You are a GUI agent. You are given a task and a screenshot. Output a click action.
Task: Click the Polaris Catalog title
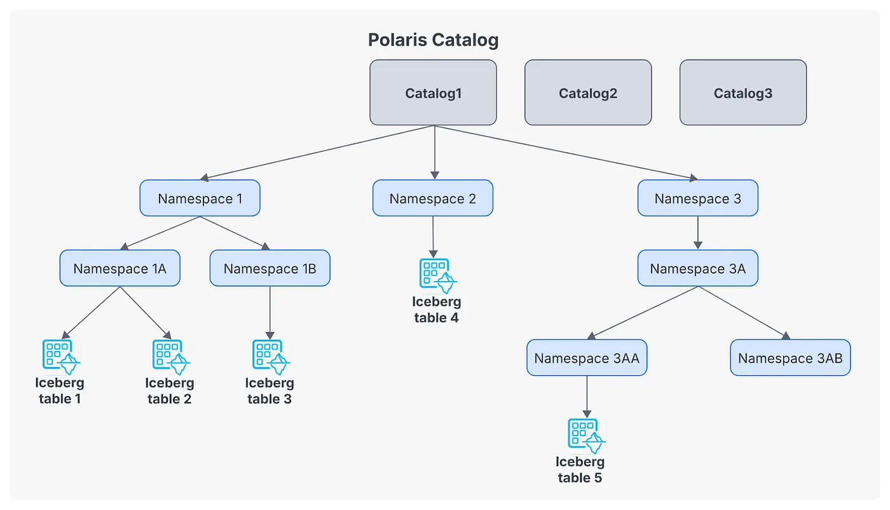(x=433, y=40)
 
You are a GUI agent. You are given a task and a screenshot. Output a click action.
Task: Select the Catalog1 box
(x=433, y=93)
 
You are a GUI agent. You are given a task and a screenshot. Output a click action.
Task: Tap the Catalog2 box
(x=588, y=93)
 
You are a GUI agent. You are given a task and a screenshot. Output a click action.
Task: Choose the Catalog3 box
(x=743, y=93)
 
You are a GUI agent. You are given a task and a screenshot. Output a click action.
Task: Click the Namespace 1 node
(x=200, y=198)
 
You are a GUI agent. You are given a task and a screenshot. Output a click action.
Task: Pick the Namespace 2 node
(x=432, y=198)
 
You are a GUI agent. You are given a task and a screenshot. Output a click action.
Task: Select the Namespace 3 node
(x=697, y=198)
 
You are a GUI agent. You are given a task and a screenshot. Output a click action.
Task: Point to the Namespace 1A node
(x=120, y=268)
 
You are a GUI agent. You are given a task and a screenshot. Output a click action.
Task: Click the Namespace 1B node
(x=270, y=268)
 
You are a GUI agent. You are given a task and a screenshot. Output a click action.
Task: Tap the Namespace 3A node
(x=697, y=268)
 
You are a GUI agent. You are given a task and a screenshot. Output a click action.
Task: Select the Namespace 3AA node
(x=587, y=358)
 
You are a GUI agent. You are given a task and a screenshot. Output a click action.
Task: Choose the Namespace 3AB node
(x=790, y=358)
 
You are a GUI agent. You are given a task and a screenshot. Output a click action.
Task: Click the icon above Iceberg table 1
(x=60, y=355)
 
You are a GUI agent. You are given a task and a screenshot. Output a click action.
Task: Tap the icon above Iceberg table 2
(x=170, y=355)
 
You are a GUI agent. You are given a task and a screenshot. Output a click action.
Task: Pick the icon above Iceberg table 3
(x=270, y=355)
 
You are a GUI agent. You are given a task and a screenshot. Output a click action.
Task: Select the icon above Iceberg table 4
(x=437, y=274)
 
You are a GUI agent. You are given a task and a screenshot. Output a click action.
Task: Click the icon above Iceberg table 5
(x=585, y=434)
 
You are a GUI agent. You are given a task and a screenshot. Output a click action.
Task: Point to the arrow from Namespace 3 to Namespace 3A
(x=697, y=232)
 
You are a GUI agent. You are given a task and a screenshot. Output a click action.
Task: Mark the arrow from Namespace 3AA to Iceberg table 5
(x=586, y=395)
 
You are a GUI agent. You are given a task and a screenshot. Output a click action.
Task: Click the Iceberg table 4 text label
(x=436, y=310)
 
